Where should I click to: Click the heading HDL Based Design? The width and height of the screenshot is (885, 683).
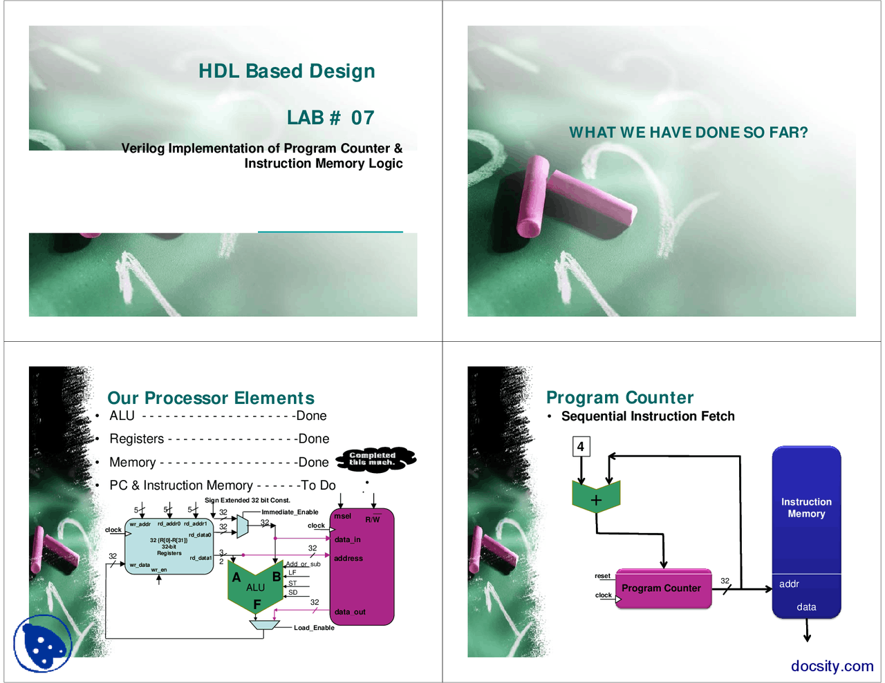[286, 71]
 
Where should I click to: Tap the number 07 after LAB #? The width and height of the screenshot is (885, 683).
[362, 118]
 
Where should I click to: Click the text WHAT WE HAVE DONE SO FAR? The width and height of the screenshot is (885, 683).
[688, 133]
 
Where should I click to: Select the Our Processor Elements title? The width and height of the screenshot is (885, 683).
[211, 398]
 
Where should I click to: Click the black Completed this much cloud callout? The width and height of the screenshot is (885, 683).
[375, 459]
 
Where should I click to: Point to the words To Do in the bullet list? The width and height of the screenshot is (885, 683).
[319, 485]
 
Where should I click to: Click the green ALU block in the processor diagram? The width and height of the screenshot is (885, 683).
[255, 588]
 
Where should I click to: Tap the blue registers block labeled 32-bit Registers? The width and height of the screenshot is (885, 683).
[169, 546]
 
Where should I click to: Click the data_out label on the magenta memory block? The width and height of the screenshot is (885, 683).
[350, 612]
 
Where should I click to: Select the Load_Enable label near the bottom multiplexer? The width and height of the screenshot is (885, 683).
[314, 628]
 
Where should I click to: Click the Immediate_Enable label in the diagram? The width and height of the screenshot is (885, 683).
[290, 512]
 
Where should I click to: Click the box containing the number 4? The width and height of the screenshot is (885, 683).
[581, 446]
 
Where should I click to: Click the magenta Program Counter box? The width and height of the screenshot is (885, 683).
[662, 588]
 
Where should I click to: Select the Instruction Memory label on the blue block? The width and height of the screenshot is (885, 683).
[806, 508]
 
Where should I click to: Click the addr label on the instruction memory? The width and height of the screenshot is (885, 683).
[789, 584]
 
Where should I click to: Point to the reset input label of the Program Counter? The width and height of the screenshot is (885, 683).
[602, 576]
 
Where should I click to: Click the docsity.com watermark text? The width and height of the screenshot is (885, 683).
[832, 666]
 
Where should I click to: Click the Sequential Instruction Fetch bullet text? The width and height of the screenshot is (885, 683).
[648, 416]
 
